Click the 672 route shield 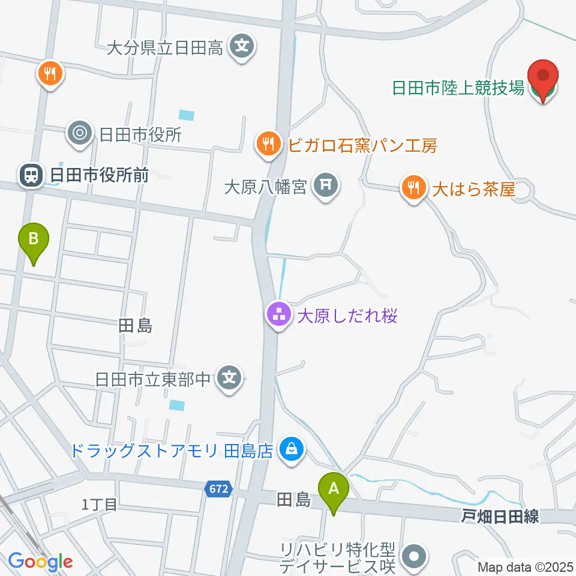[x=218, y=488]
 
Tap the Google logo [x=40, y=561]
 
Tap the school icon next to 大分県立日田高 [x=242, y=47]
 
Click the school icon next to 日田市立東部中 [x=229, y=379]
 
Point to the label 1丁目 [x=99, y=505]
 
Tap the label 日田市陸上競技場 [x=458, y=89]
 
